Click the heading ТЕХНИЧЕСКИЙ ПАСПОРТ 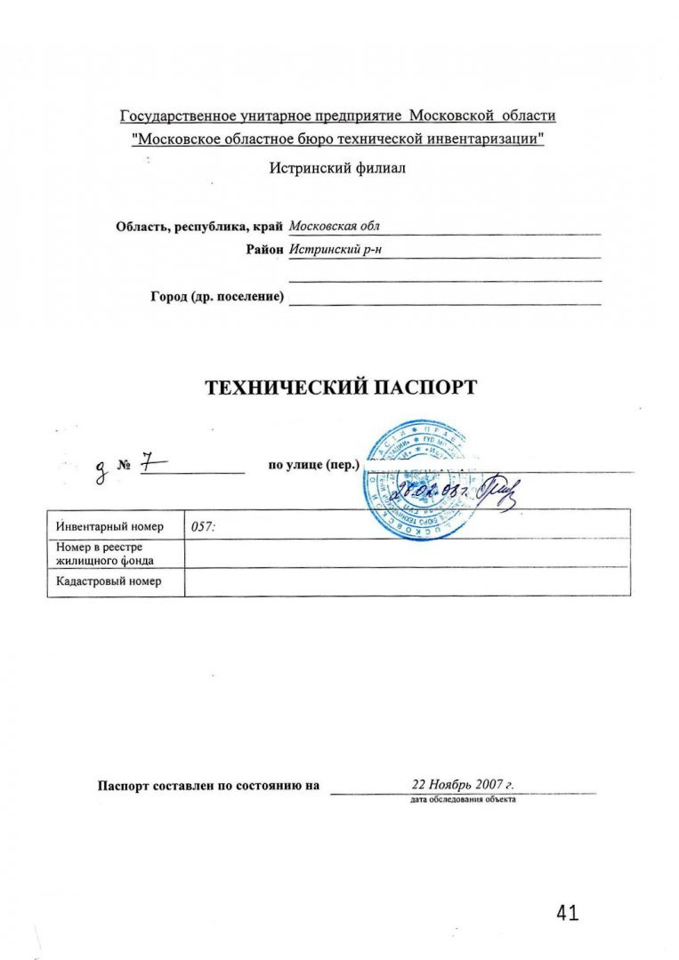tap(341, 388)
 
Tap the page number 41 tap(567, 913)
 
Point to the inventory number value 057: tap(204, 526)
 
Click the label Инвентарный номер tap(109, 526)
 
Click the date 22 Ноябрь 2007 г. tap(464, 785)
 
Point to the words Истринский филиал tap(338, 168)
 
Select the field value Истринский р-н tap(329, 250)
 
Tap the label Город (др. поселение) tap(217, 297)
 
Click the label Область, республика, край tap(199, 226)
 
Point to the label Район tap(265, 250)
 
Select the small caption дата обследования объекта tap(463, 799)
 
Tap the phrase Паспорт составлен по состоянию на tap(208, 786)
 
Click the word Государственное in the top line tap(179, 116)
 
